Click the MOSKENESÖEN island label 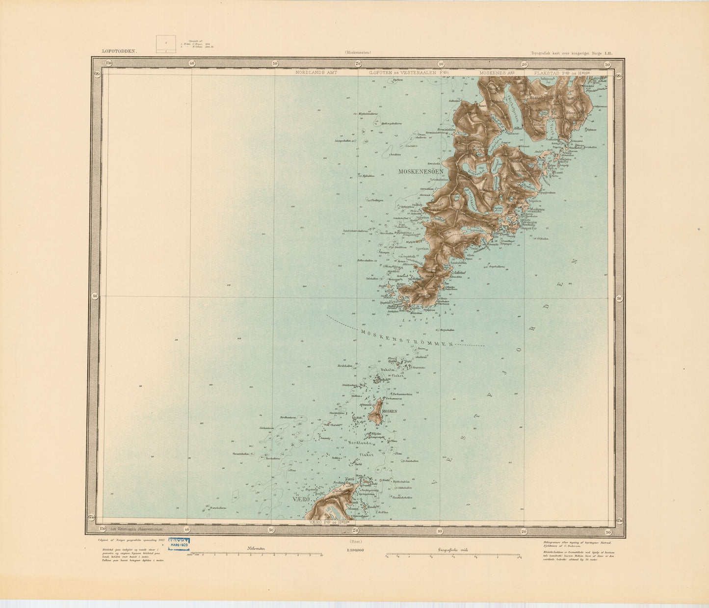coord(421,172)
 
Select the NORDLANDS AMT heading coord(317,72)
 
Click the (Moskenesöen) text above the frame coord(357,52)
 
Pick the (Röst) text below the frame coord(354,542)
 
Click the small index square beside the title coord(165,44)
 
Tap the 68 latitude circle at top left coord(97,74)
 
